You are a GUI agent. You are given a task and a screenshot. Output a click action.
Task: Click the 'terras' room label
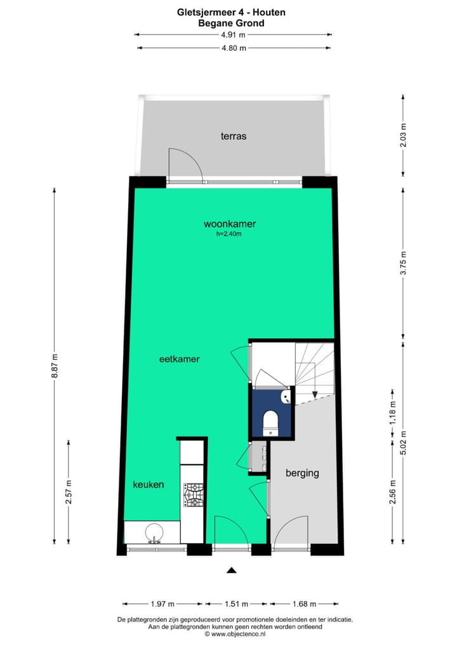pos(234,136)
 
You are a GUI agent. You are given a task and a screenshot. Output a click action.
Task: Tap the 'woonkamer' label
pos(230,223)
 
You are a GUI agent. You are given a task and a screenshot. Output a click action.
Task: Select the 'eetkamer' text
pos(180,359)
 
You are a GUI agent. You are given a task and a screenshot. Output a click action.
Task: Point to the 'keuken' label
pos(149,484)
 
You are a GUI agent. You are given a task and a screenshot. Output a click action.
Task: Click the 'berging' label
pos(302,473)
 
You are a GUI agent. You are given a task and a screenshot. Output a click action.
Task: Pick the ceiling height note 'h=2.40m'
pos(229,234)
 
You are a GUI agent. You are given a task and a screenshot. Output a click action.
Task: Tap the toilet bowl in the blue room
pos(271,421)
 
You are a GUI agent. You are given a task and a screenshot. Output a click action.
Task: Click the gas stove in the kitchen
pos(193,495)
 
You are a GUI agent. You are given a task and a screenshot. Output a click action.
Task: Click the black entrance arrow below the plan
pos(232,570)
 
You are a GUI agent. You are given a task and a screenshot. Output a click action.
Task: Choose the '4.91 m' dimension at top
pos(233,35)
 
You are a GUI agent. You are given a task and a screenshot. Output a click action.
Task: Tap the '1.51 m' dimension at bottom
pos(237,603)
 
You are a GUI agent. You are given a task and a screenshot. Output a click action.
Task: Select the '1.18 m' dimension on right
pos(392,412)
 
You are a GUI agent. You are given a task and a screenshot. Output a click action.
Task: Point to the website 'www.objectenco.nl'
pos(238,634)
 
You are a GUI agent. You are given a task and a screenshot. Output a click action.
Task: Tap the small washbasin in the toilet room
pos(287,397)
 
